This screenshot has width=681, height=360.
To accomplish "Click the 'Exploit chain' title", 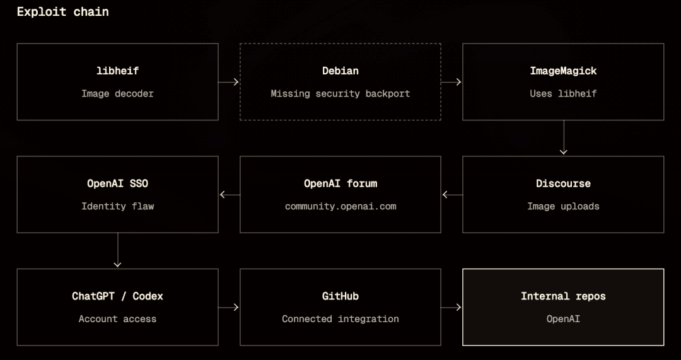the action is (62, 12).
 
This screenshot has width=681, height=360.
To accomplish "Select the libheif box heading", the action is (117, 71).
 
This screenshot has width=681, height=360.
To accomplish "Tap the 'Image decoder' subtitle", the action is (117, 93).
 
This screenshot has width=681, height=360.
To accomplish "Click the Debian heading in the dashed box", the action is (340, 71).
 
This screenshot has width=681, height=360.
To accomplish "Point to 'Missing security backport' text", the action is (340, 93).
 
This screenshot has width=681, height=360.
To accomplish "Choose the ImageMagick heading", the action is (563, 71).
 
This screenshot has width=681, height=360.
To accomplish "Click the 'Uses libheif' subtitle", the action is (563, 93).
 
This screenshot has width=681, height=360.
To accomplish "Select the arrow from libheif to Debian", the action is (228, 81).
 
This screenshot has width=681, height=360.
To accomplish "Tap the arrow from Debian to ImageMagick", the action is (451, 81).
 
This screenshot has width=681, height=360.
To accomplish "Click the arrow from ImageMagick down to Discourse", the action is (563, 137).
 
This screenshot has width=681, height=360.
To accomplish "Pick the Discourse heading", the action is (563, 183).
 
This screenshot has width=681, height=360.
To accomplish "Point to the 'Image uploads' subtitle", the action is (563, 206).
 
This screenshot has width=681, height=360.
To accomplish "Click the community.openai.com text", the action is (340, 206).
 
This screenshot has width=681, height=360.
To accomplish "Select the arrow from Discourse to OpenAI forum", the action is (453, 195).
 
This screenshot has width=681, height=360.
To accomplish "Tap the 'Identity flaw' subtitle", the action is (117, 206).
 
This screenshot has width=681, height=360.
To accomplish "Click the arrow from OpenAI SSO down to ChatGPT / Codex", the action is (117, 250).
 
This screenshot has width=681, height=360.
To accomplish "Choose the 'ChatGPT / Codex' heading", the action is (117, 296).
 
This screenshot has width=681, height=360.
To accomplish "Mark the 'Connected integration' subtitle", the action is (340, 319).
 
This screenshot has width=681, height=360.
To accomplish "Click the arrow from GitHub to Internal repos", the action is (451, 308).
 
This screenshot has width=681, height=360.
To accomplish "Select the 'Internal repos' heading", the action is (563, 296).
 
